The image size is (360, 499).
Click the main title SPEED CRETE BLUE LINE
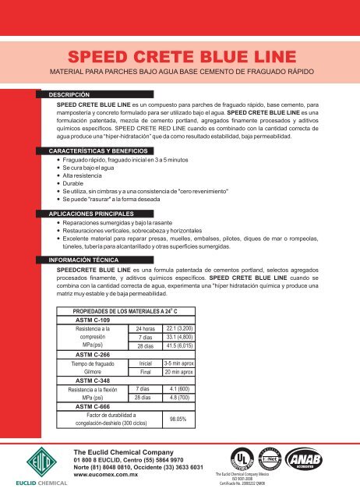(x=180, y=57)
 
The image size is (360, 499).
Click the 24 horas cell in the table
(x=143, y=351)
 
